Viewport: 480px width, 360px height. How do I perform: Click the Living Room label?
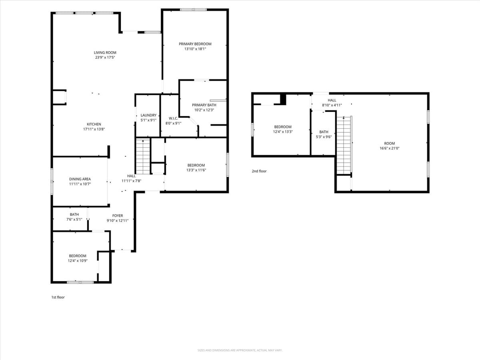[105, 52]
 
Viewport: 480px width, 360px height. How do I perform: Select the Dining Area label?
[80, 179]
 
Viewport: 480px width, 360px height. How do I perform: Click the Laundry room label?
[148, 115]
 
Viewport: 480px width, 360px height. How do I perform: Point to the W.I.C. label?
[173, 118]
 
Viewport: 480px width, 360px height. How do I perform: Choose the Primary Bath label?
[204, 105]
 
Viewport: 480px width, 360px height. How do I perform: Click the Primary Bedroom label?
[195, 44]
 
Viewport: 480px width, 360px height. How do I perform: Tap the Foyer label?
[118, 216]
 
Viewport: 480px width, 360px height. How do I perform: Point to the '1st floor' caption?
[58, 297]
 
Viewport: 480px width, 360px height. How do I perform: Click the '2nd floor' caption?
[259, 171]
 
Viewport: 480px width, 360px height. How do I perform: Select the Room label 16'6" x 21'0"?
[389, 144]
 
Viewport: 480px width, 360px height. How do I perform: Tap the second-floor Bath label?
[324, 132]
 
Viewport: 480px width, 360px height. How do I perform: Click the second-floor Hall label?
[332, 100]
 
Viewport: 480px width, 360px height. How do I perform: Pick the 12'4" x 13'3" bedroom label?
[283, 127]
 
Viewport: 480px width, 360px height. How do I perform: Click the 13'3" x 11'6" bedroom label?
[196, 165]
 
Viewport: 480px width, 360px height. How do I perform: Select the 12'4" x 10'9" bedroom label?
[77, 256]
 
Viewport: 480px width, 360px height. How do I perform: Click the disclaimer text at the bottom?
[240, 350]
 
